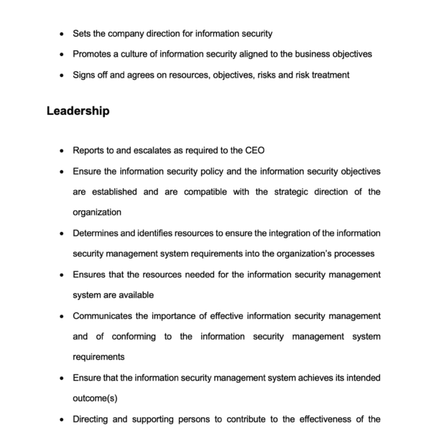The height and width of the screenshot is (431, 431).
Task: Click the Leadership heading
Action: click(x=78, y=111)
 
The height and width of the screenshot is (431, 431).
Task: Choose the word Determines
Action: click(x=101, y=233)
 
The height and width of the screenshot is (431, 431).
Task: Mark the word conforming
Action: click(x=131, y=336)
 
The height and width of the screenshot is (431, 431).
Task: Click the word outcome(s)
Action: click(x=95, y=398)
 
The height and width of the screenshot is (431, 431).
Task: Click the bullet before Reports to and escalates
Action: click(x=62, y=152)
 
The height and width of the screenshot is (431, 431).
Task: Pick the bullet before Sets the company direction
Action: click(x=62, y=34)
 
